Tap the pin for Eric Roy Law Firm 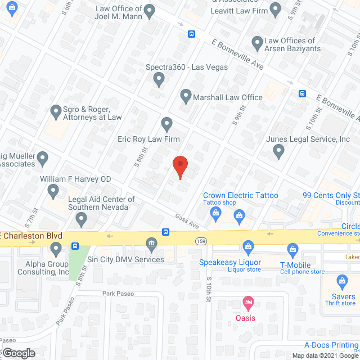(x=166, y=123)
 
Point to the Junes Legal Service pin (x=278, y=150)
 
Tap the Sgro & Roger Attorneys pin (x=55, y=111)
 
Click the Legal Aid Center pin (x=81, y=219)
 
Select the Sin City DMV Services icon (x=151, y=244)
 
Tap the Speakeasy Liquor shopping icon (x=247, y=246)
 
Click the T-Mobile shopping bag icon (x=292, y=248)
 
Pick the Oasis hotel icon (x=247, y=303)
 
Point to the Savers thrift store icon (x=341, y=281)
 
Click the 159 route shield (x=201, y=241)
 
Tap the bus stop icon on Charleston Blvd (x=166, y=232)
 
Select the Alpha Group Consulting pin (x=55, y=247)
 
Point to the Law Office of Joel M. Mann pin (x=149, y=10)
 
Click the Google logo (x=18, y=353)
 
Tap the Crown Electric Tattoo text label (x=241, y=195)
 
